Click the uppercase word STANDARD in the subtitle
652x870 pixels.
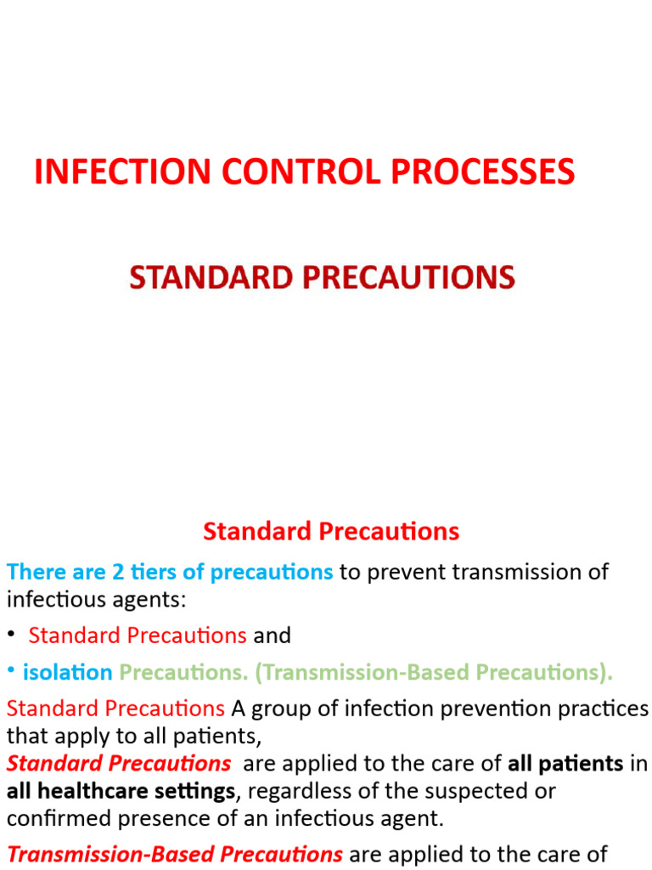(205, 278)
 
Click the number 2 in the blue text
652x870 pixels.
(117, 572)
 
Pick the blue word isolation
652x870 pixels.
(68, 672)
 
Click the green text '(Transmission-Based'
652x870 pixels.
(364, 672)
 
